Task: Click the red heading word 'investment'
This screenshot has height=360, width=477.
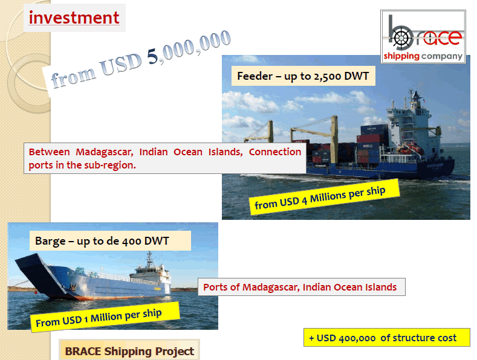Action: coord(74,18)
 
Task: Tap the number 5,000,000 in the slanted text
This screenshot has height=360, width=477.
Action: coord(189,47)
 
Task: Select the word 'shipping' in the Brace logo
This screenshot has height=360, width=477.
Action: coord(401,56)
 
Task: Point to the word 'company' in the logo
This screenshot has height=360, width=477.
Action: coord(442,57)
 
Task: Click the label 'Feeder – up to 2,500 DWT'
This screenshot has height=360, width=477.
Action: coord(303,76)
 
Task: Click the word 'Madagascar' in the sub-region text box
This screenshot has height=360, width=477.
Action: coord(105,152)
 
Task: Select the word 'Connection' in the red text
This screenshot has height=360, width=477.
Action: coord(275,152)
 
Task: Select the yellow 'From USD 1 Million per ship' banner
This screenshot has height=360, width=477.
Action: coord(105,317)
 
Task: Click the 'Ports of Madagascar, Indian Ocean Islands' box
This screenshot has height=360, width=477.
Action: coord(302,287)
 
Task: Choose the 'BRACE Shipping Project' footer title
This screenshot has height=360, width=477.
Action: coord(129,351)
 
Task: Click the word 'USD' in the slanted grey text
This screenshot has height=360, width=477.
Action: coord(121,65)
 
